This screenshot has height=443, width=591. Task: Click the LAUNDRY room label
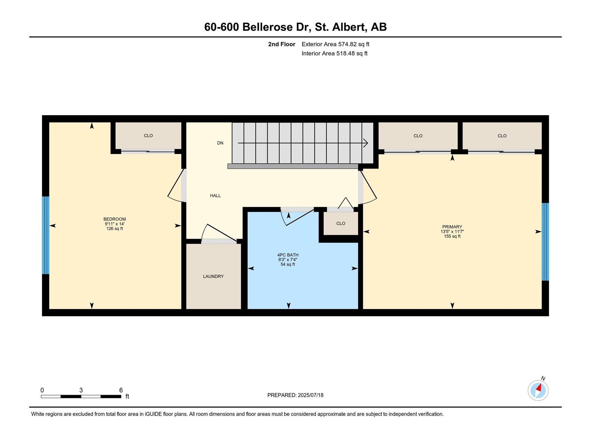click(x=213, y=277)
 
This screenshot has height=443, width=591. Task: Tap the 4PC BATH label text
click(x=288, y=255)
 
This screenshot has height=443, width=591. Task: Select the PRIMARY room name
click(x=452, y=227)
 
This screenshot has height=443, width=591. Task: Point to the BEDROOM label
click(x=115, y=219)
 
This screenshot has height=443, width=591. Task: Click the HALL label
click(x=215, y=196)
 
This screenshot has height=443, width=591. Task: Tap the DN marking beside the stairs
click(x=220, y=143)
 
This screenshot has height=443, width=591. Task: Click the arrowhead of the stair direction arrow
click(x=366, y=143)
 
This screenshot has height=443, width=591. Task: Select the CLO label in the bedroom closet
click(x=148, y=136)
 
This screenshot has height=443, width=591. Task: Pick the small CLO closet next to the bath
click(x=341, y=224)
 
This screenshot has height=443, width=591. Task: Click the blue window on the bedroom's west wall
click(x=45, y=235)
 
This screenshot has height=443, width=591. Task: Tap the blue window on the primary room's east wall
click(x=545, y=242)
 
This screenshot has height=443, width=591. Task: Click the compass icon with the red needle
click(x=538, y=390)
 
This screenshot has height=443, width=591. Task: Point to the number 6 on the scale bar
click(x=121, y=390)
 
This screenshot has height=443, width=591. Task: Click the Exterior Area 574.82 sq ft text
click(x=335, y=44)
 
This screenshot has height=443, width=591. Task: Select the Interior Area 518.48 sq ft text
click(x=334, y=54)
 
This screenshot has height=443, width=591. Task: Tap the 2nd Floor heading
click(x=281, y=44)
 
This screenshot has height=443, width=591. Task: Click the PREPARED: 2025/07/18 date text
click(x=295, y=395)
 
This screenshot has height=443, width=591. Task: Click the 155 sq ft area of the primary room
click(x=452, y=237)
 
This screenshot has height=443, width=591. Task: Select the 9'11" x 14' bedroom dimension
click(x=115, y=224)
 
